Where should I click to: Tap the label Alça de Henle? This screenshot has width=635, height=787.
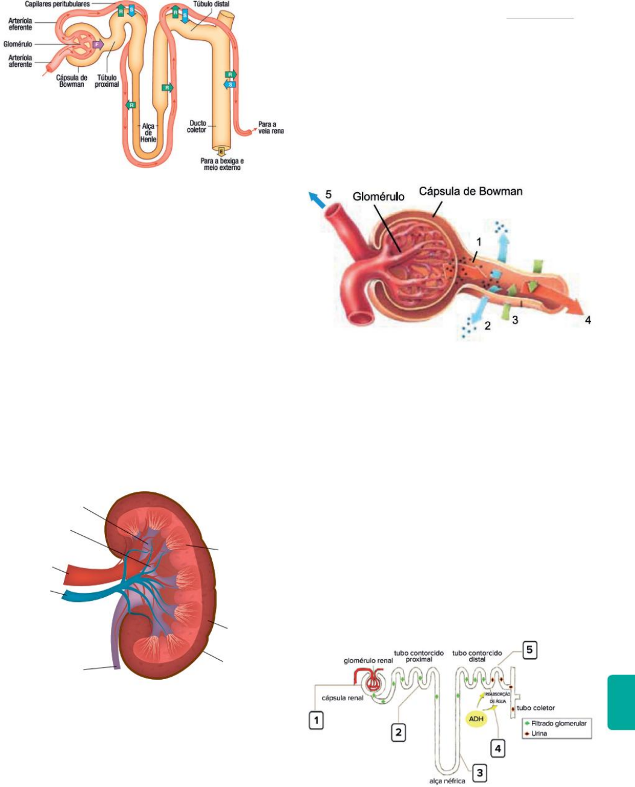148,133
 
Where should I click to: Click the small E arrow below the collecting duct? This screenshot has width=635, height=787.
221,151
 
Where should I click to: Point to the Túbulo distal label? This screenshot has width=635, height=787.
211,4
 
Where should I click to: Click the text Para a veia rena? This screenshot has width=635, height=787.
271,128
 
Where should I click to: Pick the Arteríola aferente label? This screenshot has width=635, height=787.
21,61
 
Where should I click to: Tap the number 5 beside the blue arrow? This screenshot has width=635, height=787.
328,194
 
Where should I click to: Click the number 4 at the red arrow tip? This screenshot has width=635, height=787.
588,321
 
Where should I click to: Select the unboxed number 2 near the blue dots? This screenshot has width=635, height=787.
487,326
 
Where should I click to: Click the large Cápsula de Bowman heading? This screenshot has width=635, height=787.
470,192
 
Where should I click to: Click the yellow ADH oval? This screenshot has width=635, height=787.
476,719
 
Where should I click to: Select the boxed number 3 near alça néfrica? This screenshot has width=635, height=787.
479,773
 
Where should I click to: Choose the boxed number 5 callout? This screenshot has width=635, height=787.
529,651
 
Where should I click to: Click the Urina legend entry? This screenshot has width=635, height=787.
538,733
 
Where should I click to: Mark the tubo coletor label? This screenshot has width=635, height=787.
535,708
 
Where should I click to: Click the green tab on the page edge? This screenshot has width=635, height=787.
621,703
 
